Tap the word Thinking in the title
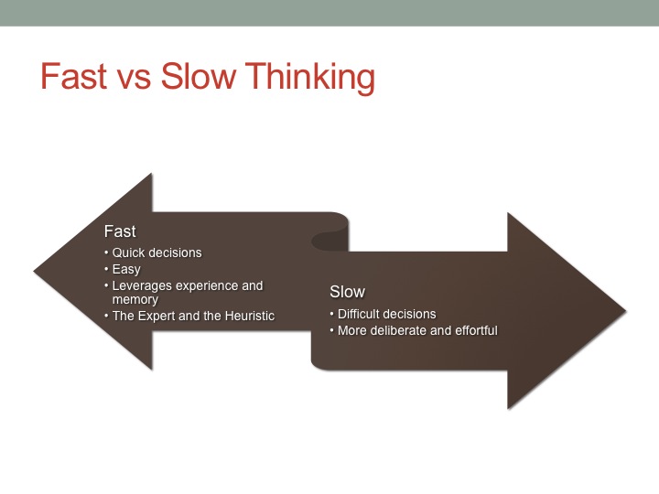(x=309, y=79)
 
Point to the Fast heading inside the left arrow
(x=120, y=231)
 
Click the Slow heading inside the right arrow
(x=347, y=292)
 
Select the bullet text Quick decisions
(x=157, y=252)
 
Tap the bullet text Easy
(x=126, y=270)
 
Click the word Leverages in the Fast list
(x=142, y=286)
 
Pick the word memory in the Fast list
(x=135, y=299)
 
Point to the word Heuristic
(x=246, y=316)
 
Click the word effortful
(x=475, y=330)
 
